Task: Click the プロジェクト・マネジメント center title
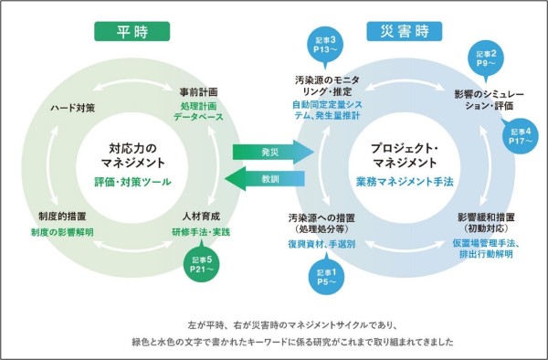point(399,154)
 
